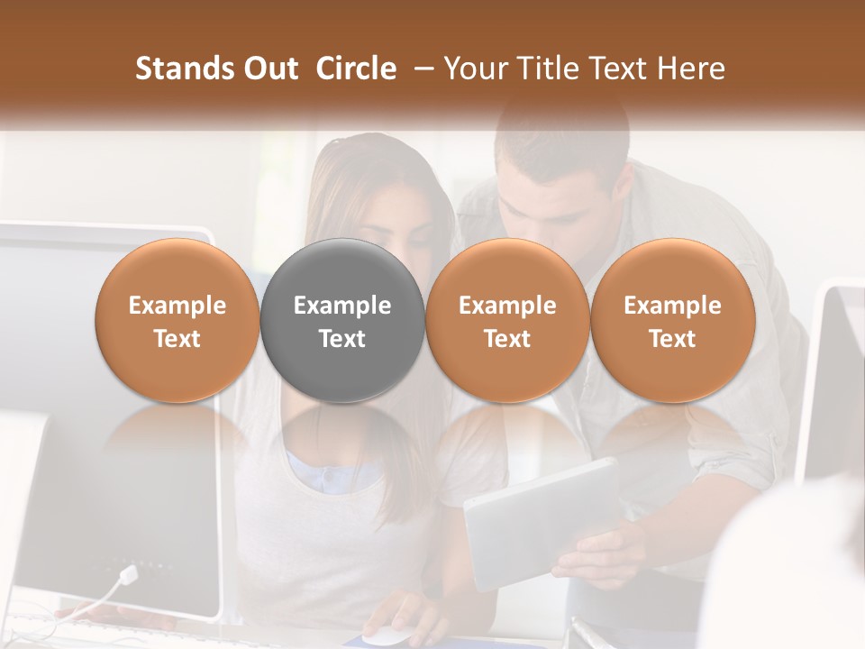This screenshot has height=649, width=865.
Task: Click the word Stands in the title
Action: click(177, 69)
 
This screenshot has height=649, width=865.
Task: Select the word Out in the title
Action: click(264, 69)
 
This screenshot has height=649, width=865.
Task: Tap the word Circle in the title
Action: click(356, 69)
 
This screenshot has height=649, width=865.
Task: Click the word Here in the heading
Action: click(691, 69)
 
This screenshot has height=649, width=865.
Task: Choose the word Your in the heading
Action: click(474, 69)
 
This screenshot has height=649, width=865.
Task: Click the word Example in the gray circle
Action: click(342, 306)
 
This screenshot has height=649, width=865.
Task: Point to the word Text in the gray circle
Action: click(342, 339)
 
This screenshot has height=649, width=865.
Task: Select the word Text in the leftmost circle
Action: click(178, 339)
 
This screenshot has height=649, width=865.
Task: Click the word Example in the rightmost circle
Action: click(672, 306)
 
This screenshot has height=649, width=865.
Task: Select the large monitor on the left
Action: click(108, 406)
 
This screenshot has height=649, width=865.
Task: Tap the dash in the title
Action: click(422, 69)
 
